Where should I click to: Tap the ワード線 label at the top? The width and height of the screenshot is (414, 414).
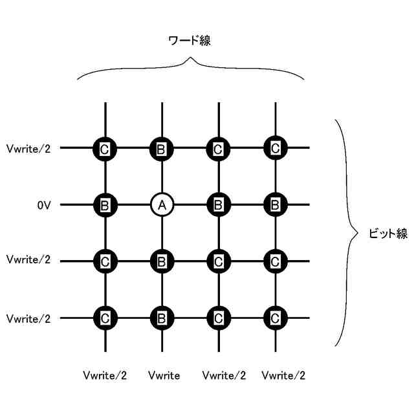tap(190, 41)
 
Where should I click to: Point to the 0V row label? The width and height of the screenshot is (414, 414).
tap(44, 206)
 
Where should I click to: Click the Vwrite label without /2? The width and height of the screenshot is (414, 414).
tap(164, 375)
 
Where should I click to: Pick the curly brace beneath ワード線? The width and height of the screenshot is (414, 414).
tap(191, 67)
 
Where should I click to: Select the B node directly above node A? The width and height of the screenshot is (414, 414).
tap(162, 149)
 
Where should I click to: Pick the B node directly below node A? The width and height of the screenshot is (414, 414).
tap(162, 261)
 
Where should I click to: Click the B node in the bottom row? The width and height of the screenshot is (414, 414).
tap(162, 318)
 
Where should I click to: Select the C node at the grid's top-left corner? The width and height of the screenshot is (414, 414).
tap(105, 149)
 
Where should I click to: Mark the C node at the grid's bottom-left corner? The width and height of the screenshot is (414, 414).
tap(105, 318)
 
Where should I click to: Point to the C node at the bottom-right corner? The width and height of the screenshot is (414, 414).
tap(275, 318)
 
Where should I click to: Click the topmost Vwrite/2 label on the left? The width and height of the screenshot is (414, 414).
tap(28, 149)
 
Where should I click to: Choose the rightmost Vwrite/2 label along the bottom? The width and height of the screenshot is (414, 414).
tap(283, 375)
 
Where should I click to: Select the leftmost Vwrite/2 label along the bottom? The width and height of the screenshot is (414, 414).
tap(105, 375)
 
